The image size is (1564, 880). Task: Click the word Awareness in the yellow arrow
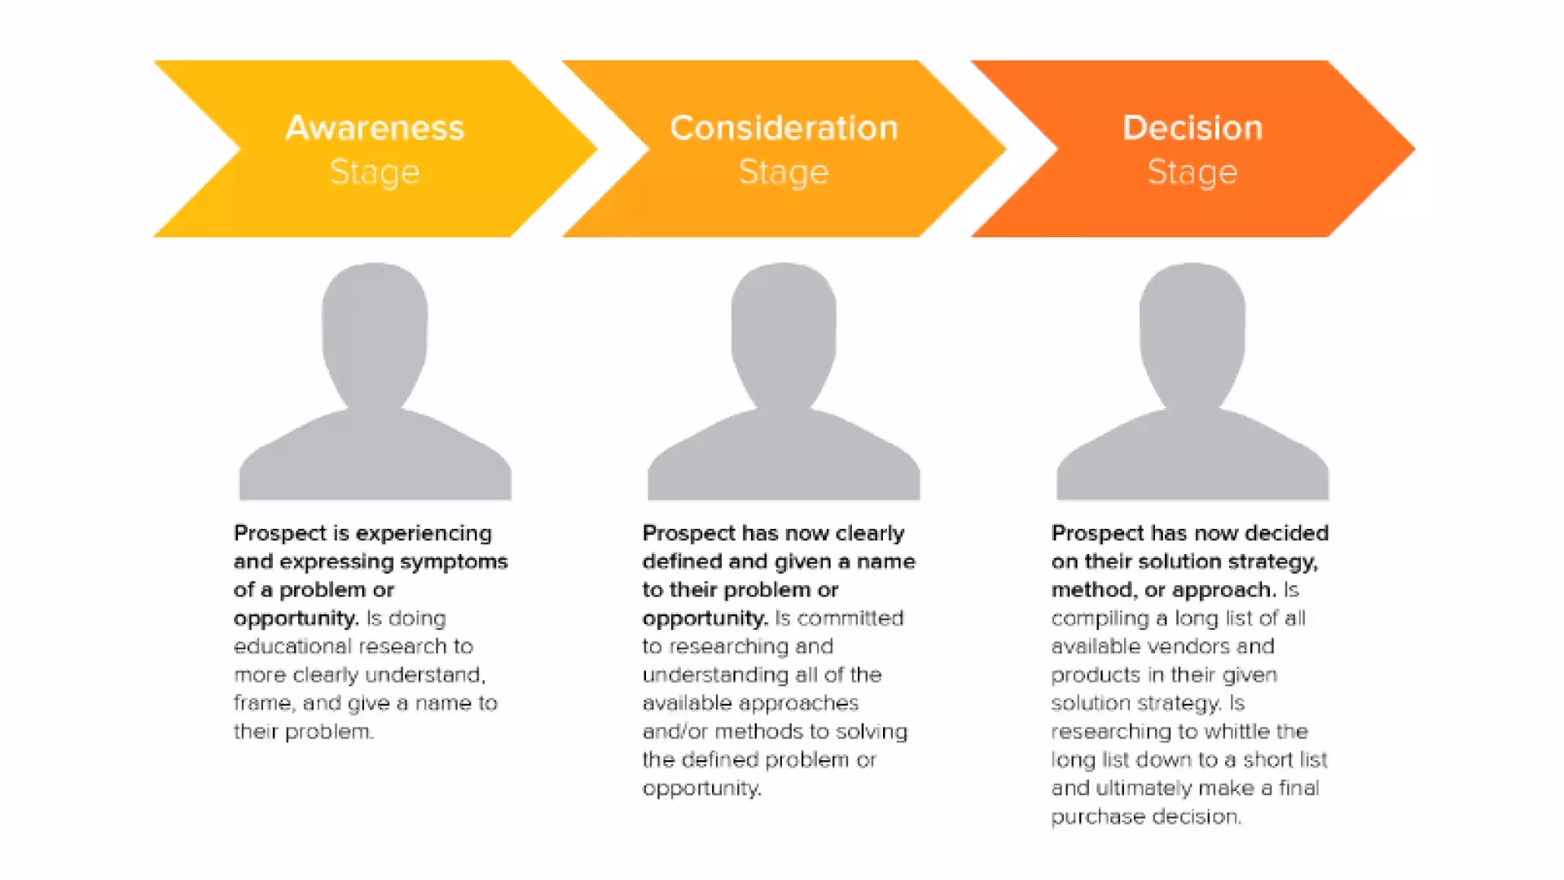pos(375,128)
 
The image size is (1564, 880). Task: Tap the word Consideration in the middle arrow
pos(784,128)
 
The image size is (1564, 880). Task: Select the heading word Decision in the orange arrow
pos(1193,128)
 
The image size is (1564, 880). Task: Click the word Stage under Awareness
pos(375,172)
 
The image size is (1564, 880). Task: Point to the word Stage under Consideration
pos(784,172)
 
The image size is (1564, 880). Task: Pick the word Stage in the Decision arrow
pos(1193,172)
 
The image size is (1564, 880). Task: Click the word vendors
pos(1197,646)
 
